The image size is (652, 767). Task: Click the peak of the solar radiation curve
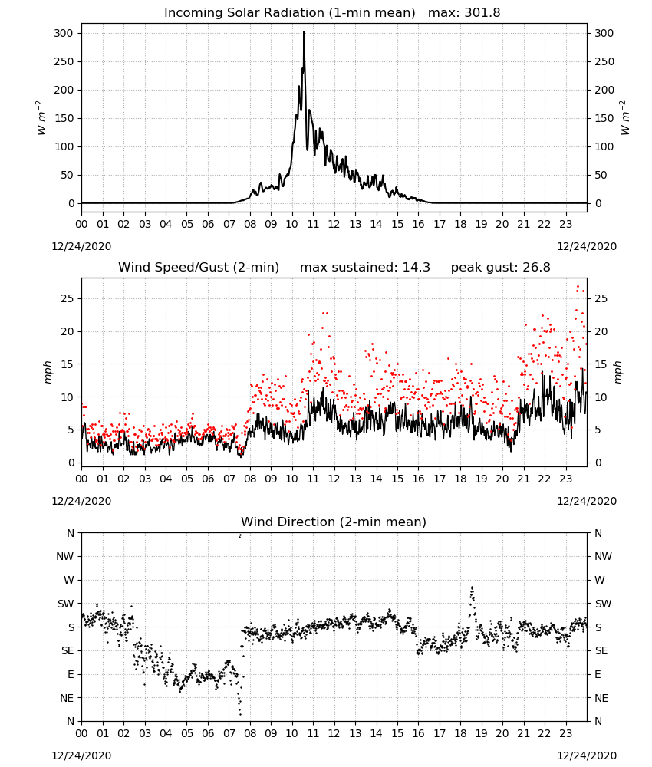(x=304, y=32)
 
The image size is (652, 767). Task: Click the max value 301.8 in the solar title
(x=482, y=12)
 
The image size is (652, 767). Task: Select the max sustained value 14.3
(x=417, y=267)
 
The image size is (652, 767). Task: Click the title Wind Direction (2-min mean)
(x=334, y=522)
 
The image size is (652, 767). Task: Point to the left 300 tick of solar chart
(x=64, y=33)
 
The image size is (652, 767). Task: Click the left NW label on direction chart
(x=64, y=557)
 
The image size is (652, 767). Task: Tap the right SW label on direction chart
(x=603, y=604)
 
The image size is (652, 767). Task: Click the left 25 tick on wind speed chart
(x=68, y=299)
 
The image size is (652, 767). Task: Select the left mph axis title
(x=48, y=372)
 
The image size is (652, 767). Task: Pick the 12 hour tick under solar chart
(x=334, y=225)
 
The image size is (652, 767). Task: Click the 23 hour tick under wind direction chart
(x=565, y=734)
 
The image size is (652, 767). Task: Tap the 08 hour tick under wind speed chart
(x=250, y=479)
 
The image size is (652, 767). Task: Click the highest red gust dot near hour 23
(x=578, y=287)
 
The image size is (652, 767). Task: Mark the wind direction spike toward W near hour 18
(x=472, y=588)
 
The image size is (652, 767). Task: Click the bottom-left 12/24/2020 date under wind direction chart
(x=81, y=755)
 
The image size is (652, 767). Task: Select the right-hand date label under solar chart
(x=587, y=246)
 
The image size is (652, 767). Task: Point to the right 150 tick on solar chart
(x=604, y=118)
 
